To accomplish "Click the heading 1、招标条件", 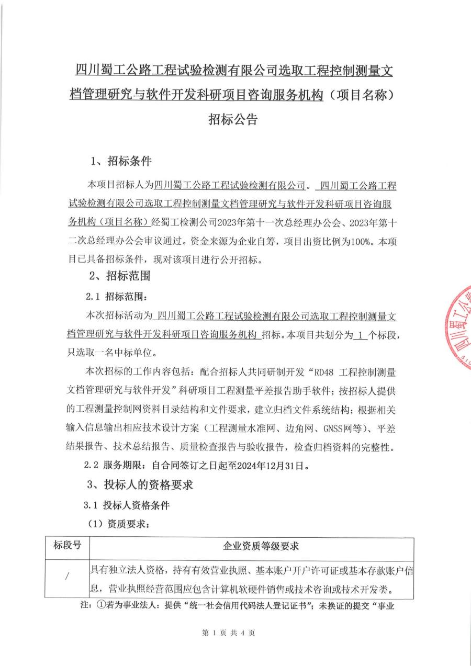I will pos(121,161).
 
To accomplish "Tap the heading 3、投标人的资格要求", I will pos(141,484).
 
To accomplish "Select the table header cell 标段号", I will pos(68,546).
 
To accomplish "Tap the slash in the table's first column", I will pos(67,577).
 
